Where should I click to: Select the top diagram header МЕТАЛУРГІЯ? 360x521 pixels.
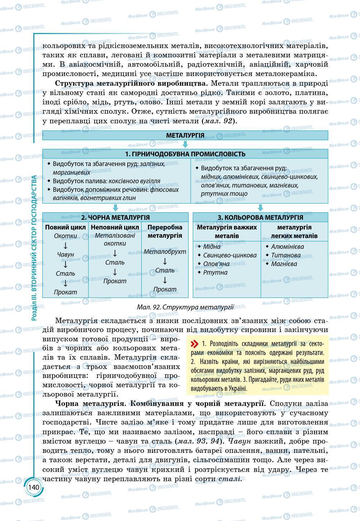[x=185, y=135]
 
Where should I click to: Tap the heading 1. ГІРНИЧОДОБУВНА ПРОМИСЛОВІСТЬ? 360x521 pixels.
[x=185, y=154]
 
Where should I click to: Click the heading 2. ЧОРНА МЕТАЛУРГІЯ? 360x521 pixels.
[x=115, y=217]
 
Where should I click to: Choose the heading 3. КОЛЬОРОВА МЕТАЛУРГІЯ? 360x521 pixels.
[x=260, y=217]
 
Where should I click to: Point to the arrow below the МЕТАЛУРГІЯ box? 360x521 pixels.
[x=185, y=145]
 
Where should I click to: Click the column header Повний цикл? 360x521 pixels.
[x=66, y=227]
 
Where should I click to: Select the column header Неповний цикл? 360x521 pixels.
[x=115, y=227]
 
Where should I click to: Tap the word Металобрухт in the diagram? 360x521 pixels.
[x=165, y=252]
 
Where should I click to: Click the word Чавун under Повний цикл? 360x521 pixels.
[x=66, y=255]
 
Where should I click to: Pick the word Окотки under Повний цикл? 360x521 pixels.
[x=66, y=236]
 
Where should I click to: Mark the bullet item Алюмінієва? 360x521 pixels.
[x=288, y=247]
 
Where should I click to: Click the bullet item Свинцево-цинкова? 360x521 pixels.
[x=230, y=255]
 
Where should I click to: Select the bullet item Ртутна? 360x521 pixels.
[x=215, y=273]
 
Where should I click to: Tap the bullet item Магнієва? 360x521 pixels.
[x=284, y=264]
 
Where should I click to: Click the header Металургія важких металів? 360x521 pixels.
[x=227, y=232]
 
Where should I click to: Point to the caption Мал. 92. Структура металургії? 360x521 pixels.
[x=185, y=307]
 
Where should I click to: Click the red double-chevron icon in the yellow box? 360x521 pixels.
[x=194, y=344]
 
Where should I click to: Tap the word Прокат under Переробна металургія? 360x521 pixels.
[x=165, y=289]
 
